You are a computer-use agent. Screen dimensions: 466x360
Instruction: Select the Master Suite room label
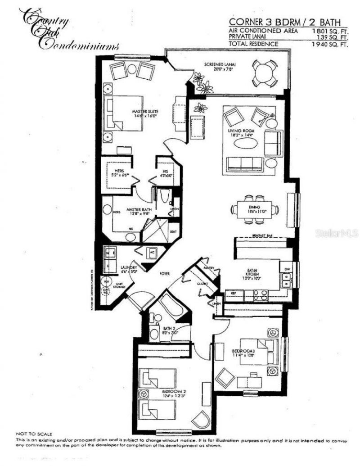click(x=144, y=112)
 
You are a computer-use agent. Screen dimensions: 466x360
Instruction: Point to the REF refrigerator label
click(x=234, y=293)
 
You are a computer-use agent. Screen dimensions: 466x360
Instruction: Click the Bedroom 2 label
click(x=174, y=392)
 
